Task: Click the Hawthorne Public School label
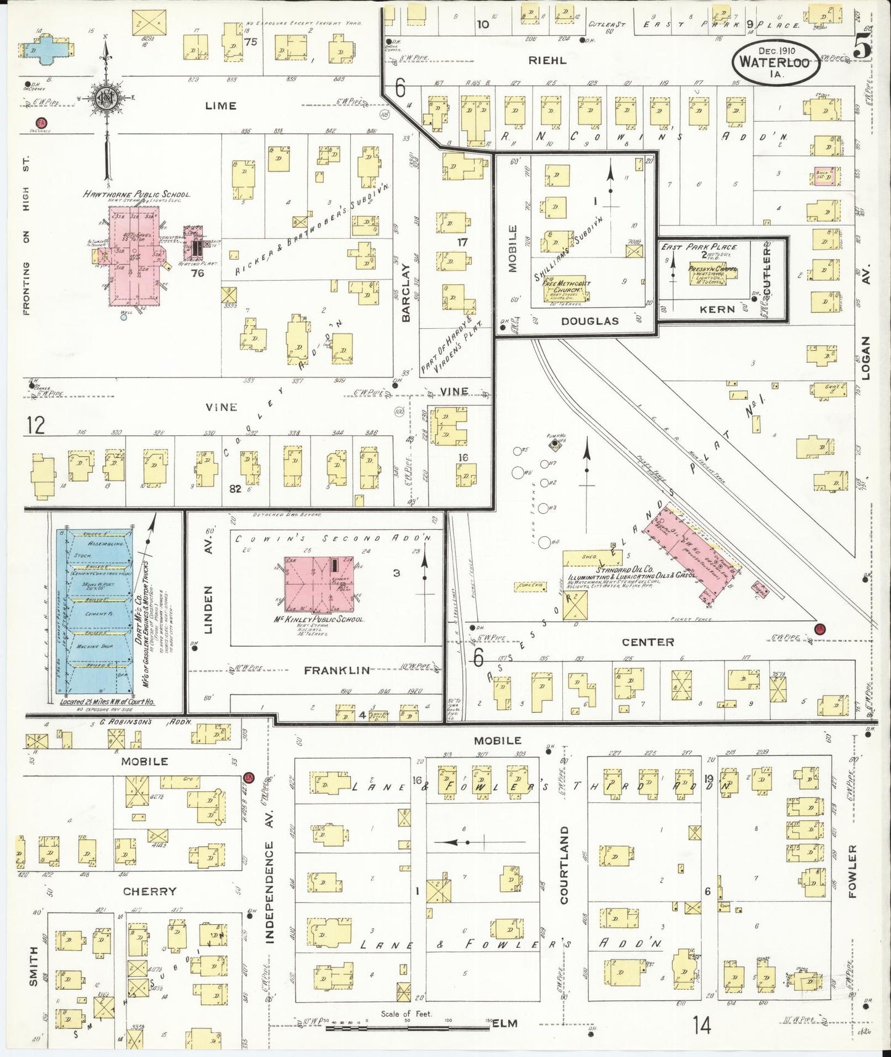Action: point(136,194)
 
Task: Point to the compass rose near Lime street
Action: point(107,99)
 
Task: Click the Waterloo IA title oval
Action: point(775,63)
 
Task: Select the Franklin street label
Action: point(337,670)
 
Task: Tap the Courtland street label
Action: point(563,865)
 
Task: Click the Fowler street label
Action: point(853,871)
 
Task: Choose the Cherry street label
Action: point(149,891)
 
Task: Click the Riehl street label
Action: point(547,61)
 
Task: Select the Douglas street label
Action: point(589,321)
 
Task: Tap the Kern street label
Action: point(717,309)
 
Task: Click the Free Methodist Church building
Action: point(571,287)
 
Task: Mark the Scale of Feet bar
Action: point(408,1030)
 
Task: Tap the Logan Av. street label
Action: point(865,358)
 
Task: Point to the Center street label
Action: point(647,642)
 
